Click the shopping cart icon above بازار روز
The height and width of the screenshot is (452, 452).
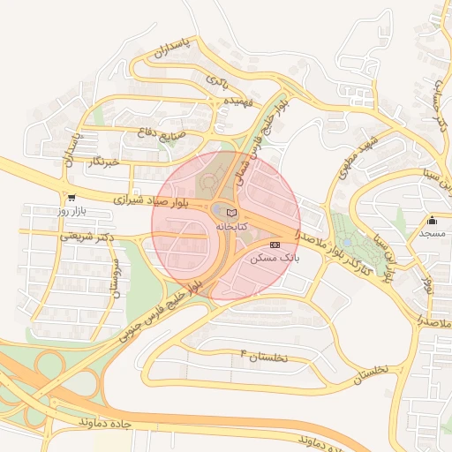[71, 198]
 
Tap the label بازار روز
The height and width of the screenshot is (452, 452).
[70, 211]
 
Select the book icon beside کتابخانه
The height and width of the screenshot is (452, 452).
[232, 213]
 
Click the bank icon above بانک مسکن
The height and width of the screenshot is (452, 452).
[275, 244]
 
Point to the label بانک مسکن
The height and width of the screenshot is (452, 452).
[275, 258]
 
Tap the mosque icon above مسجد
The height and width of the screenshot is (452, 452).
[432, 220]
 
